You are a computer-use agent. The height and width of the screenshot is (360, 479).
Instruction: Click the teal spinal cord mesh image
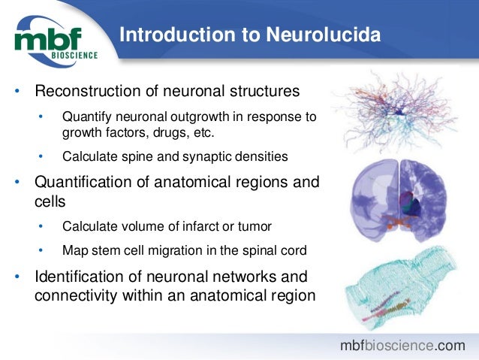pyautogui.click(x=397, y=289)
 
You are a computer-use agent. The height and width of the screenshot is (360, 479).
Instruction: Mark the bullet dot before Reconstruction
pyautogui.click(x=16, y=92)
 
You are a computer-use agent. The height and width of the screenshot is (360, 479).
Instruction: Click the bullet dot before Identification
pyautogui.click(x=16, y=276)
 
